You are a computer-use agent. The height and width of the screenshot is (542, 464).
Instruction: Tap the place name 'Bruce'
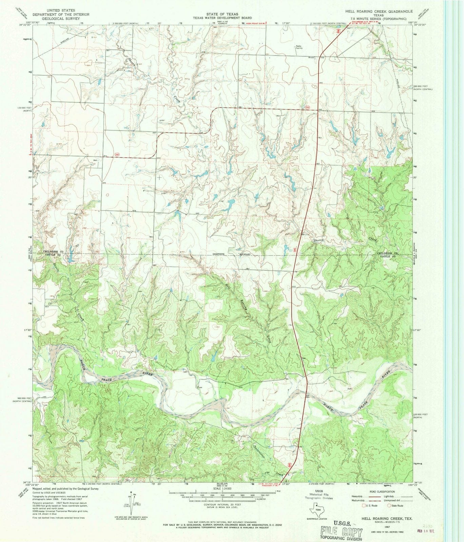coord(302,57)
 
